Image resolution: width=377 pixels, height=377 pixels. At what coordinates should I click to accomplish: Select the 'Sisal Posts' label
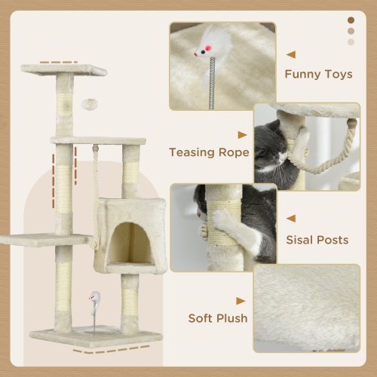[317, 240]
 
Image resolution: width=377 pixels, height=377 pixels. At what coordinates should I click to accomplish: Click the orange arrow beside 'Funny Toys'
[291, 54]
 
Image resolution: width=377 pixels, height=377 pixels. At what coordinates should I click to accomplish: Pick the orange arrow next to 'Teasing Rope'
[242, 135]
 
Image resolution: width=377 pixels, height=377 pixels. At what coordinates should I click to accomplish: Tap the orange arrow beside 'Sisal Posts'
[291, 219]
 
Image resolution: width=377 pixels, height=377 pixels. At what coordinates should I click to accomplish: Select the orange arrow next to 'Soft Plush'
[242, 298]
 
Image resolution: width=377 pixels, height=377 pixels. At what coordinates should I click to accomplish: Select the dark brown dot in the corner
[351, 20]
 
